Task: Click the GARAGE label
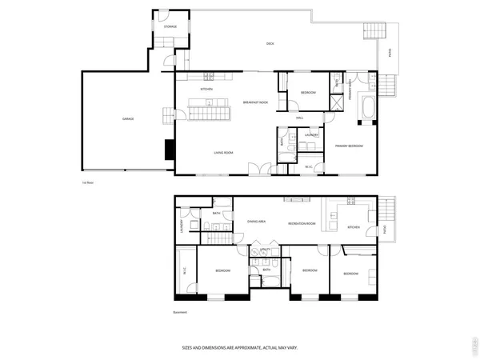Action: pyautogui.click(x=128, y=119)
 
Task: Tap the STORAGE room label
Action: pyautogui.click(x=170, y=27)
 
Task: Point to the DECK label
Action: pyautogui.click(x=270, y=43)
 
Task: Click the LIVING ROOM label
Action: pyautogui.click(x=222, y=151)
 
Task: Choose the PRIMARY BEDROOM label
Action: pyautogui.click(x=350, y=146)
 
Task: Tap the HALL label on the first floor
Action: pyautogui.click(x=299, y=118)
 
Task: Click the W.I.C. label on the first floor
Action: pyautogui.click(x=310, y=166)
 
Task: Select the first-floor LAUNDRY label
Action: pyautogui.click(x=311, y=135)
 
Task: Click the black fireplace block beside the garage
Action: pyautogui.click(x=169, y=149)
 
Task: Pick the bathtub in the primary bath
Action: pyautogui.click(x=366, y=110)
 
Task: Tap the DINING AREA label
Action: pyautogui.click(x=257, y=222)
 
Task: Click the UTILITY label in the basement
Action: pyautogui.click(x=265, y=250)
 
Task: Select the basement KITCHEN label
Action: pyautogui.click(x=354, y=227)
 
